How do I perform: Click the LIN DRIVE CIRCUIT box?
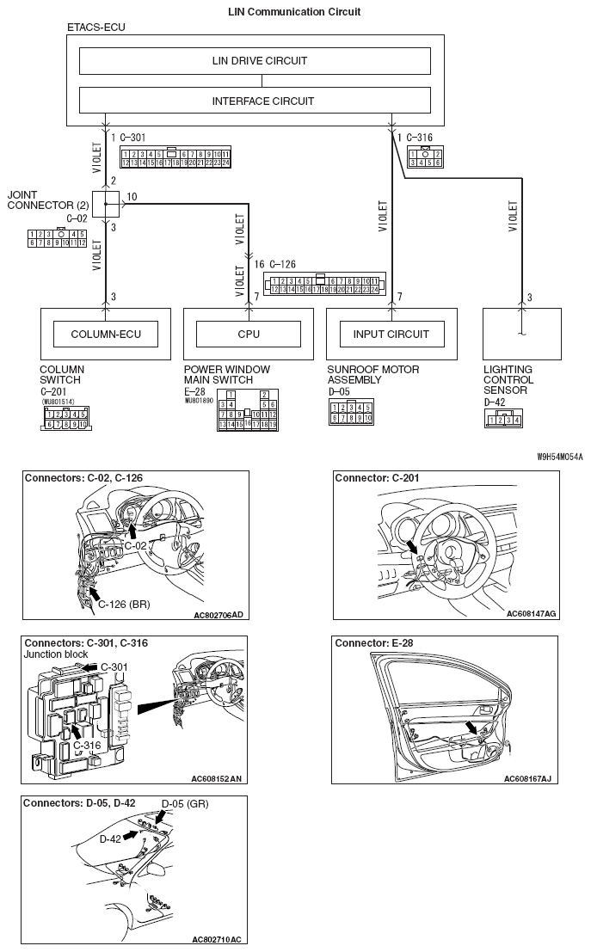point(255,61)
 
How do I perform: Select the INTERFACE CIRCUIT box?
point(255,101)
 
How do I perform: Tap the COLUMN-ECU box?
point(106,334)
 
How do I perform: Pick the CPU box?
point(249,334)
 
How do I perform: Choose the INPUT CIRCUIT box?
point(391,334)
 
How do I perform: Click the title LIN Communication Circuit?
point(294,11)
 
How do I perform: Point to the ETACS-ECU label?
point(95,28)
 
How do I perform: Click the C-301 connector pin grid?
point(175,157)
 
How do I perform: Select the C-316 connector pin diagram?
point(425,156)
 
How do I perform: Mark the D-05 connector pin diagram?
point(350,413)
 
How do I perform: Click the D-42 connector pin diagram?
point(504,418)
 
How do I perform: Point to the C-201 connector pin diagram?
point(68,418)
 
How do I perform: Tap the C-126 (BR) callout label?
point(124,604)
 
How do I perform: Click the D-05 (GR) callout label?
point(185,804)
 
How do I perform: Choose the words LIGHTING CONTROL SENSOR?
point(508,379)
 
